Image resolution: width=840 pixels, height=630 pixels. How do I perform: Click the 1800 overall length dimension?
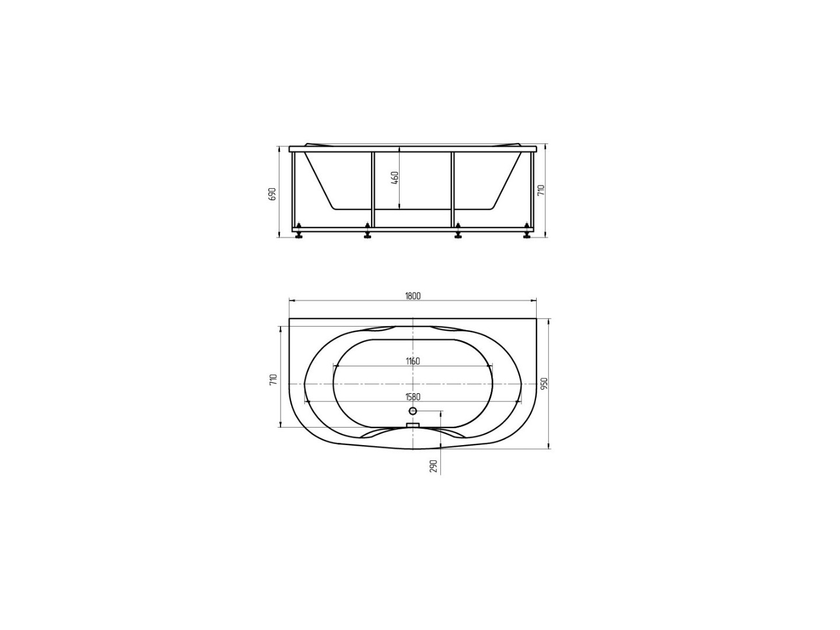pyautogui.click(x=412, y=296)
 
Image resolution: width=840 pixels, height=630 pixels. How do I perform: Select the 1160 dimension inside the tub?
pyautogui.click(x=413, y=361)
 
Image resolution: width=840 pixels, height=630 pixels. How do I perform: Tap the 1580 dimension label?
pyautogui.click(x=413, y=397)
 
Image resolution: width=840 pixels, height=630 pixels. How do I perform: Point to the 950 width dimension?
pyautogui.click(x=545, y=384)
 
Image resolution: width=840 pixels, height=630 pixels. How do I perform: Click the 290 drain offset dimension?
pyautogui.click(x=433, y=466)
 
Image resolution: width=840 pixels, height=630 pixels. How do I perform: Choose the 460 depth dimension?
pyautogui.click(x=395, y=178)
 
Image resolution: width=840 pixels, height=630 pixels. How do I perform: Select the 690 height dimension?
pyautogui.click(x=272, y=194)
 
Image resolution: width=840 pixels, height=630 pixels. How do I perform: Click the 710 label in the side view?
pyautogui.click(x=541, y=190)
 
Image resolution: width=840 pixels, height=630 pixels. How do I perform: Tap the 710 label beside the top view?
pyautogui.click(x=273, y=379)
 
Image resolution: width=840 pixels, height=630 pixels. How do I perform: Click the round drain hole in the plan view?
pyautogui.click(x=412, y=411)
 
